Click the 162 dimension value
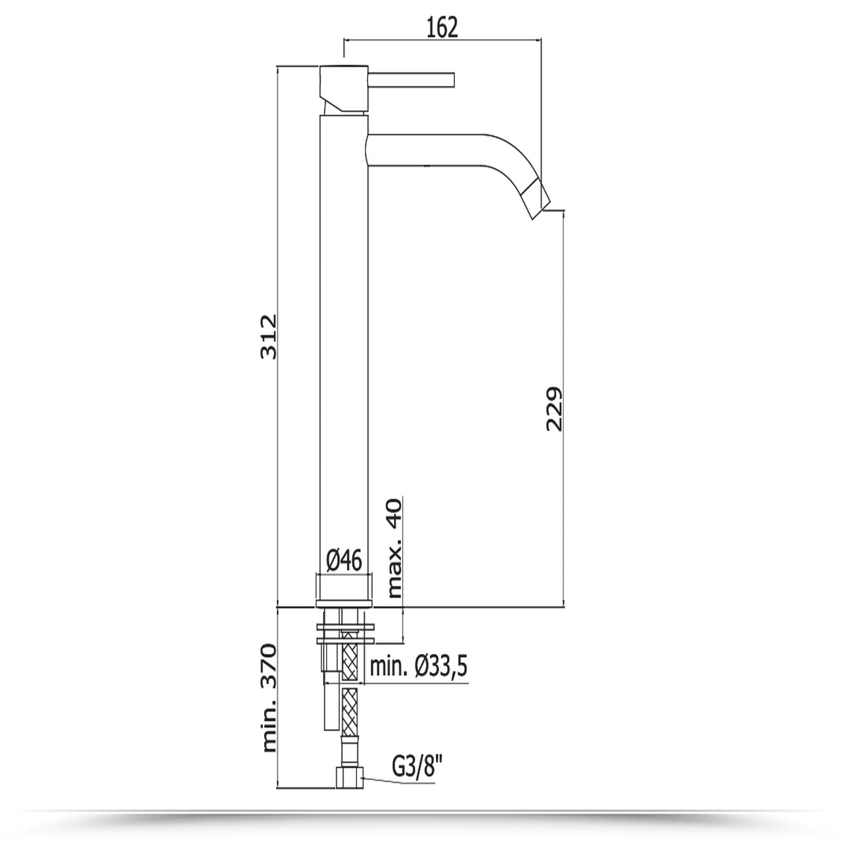pos(442,27)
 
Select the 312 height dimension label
pos(269,337)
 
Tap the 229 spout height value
pos(554,409)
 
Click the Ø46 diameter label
pos(344,561)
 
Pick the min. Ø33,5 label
pos(419,666)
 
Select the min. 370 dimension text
pos(269,698)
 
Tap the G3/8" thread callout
pos(418,767)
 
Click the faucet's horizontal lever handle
pos(410,79)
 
